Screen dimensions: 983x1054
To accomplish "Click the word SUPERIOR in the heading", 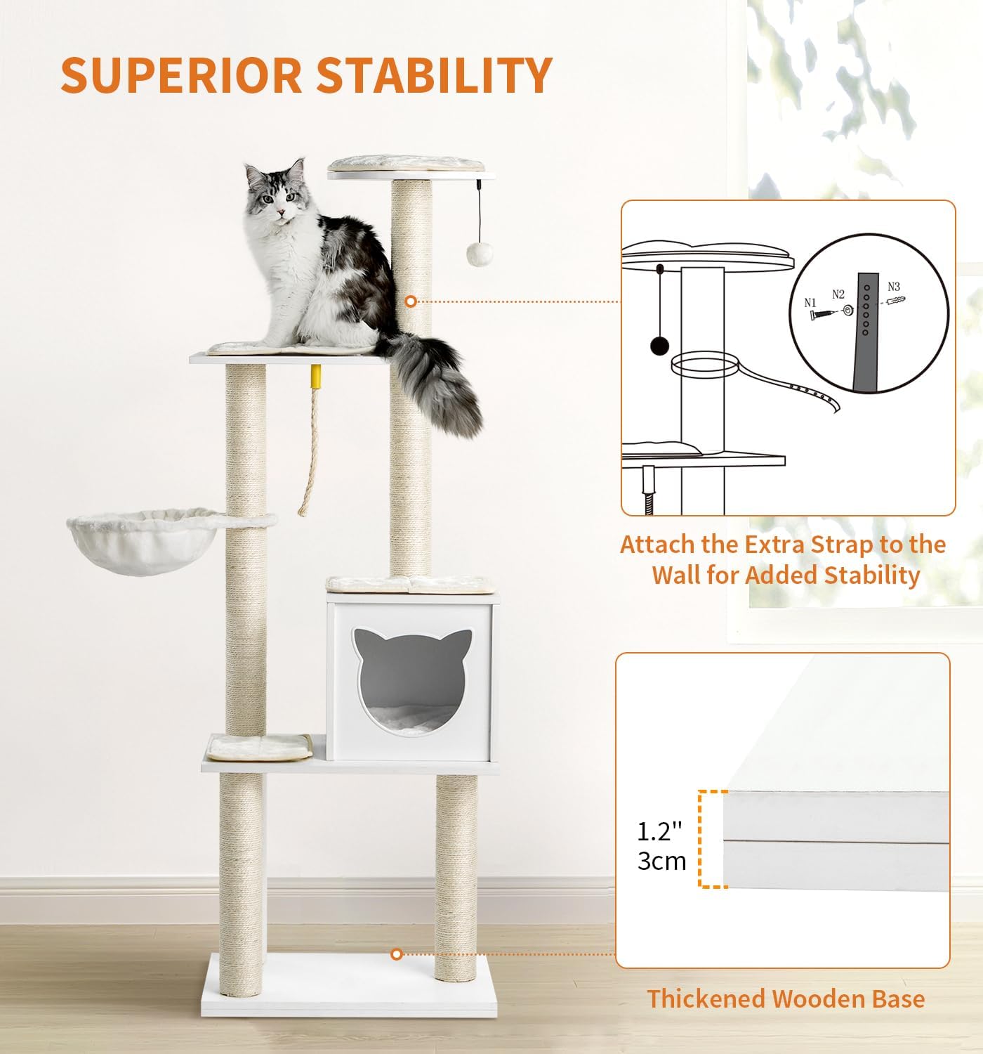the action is tap(181, 74).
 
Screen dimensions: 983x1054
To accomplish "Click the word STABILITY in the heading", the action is tap(435, 74).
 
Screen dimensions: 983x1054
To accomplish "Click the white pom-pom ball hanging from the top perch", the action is tap(480, 254).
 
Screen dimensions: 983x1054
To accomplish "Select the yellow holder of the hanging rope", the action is tap(316, 377).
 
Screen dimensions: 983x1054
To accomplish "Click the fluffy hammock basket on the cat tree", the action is tap(145, 540).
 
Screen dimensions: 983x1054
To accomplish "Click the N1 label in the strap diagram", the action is tap(810, 303).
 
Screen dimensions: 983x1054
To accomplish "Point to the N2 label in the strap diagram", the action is tap(838, 294).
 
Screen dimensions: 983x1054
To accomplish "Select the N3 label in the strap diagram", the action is tap(894, 287).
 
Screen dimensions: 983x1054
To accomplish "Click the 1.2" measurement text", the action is tap(659, 831).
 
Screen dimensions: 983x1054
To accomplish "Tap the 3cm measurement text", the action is tap(661, 861).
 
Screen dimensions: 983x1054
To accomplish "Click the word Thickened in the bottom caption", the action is tap(706, 998).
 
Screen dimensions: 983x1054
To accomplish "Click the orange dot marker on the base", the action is tap(396, 954).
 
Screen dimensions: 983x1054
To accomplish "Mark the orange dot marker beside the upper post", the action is tap(410, 301).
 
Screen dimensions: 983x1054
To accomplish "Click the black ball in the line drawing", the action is tap(659, 346).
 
